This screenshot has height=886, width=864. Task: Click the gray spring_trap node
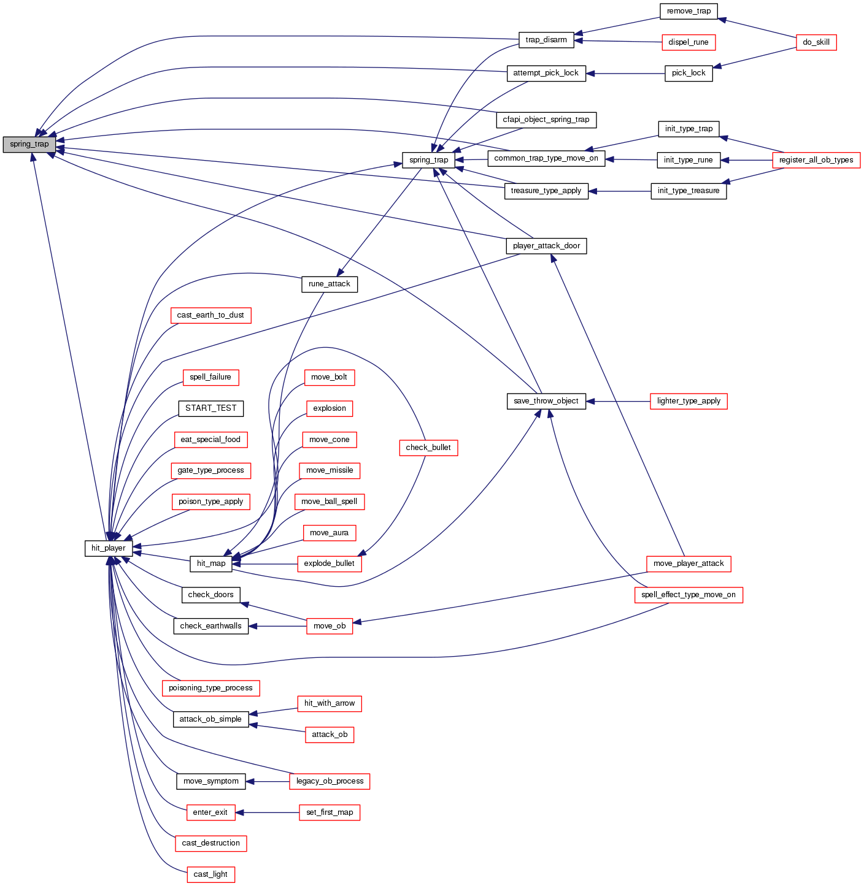pyautogui.click(x=29, y=145)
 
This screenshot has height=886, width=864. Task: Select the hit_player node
pyautogui.click(x=109, y=548)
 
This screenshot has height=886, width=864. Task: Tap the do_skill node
pyautogui.click(x=816, y=42)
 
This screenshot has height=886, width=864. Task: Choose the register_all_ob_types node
pyautogui.click(x=816, y=160)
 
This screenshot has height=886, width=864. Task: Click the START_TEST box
pyautogui.click(x=210, y=408)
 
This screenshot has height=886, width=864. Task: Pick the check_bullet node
pyautogui.click(x=428, y=448)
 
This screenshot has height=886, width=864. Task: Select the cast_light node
pyautogui.click(x=210, y=874)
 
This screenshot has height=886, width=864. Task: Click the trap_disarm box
pyautogui.click(x=546, y=40)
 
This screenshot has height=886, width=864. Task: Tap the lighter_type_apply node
pyautogui.click(x=688, y=401)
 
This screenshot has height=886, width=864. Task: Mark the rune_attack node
pyautogui.click(x=330, y=284)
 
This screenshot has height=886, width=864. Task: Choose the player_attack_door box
pyautogui.click(x=546, y=246)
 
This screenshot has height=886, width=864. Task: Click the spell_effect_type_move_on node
pyautogui.click(x=688, y=595)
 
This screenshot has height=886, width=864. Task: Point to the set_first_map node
pyautogui.click(x=330, y=812)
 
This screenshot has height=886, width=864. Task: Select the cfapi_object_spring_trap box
pyautogui.click(x=546, y=120)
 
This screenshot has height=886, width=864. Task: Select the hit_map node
pyautogui.click(x=210, y=563)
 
